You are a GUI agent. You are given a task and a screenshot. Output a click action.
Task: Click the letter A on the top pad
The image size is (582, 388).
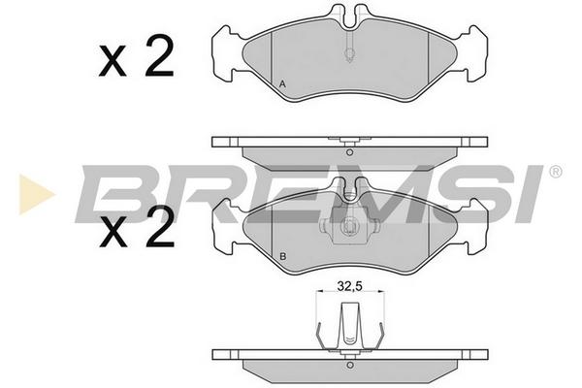[282, 84]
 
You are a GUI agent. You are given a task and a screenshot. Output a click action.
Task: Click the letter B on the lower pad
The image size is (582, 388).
[283, 256]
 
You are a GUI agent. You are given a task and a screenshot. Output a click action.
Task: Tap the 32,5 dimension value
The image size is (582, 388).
[349, 286]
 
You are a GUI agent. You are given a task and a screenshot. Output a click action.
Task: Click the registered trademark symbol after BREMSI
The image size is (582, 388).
[555, 172]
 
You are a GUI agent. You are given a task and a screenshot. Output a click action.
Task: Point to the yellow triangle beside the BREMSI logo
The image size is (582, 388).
[35, 194]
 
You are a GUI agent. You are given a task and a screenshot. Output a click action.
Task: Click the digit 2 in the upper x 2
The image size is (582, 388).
[159, 56]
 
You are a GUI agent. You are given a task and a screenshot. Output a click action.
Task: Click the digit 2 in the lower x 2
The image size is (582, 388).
[160, 227]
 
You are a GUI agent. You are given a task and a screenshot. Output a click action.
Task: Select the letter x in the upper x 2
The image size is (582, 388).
[113, 62]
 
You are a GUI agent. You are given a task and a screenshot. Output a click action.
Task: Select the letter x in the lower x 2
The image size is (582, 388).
[113, 233]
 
